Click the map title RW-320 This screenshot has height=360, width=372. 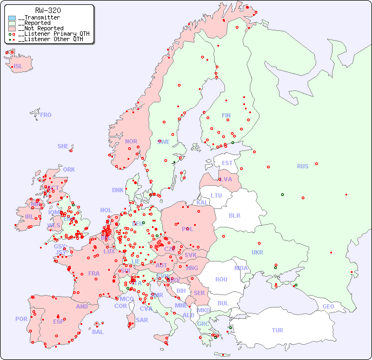[x=48, y=10]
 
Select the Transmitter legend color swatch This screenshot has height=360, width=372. [x=12, y=18]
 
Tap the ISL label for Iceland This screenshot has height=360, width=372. [x=18, y=67]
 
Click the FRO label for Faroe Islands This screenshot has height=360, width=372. [x=46, y=115]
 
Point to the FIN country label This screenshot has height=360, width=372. [x=226, y=115]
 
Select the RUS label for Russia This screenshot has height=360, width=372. [x=302, y=166]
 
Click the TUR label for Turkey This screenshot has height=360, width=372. [x=277, y=330]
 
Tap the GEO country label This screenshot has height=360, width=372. [x=328, y=306]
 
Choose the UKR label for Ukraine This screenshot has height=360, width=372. [x=257, y=252]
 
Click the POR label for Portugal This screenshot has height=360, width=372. [x=21, y=319]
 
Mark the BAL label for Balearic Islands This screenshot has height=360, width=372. [x=98, y=332]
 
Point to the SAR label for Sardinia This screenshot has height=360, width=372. [x=142, y=320]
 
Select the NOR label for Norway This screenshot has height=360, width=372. [x=131, y=141]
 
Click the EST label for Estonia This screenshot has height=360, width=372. [x=227, y=163]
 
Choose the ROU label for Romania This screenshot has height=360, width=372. [x=221, y=279]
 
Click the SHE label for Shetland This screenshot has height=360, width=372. [x=63, y=146]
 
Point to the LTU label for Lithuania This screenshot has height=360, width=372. [x=216, y=195]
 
